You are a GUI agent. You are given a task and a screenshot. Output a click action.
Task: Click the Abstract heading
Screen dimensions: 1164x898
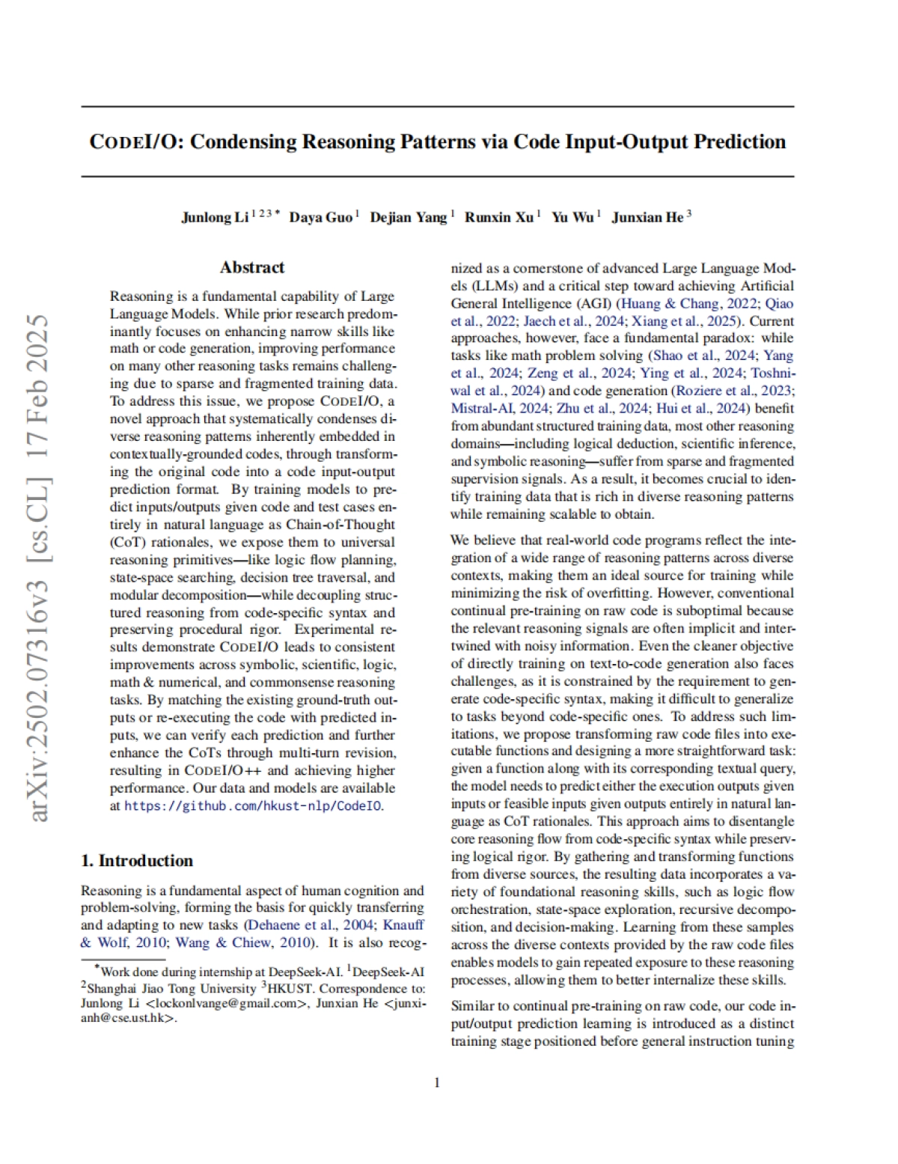pos(252,267)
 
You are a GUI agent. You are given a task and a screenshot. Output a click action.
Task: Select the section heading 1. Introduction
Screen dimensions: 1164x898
pos(137,860)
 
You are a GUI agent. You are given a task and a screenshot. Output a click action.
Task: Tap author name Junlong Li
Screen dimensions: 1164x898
pos(215,217)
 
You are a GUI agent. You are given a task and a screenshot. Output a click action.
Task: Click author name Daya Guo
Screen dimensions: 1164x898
pos(320,217)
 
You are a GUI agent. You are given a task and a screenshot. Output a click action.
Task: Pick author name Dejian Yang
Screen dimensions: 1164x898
pos(408,217)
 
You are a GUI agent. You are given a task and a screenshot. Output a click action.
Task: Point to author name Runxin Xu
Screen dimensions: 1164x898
pos(498,217)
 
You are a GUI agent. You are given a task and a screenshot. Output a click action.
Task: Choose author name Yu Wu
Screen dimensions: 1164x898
pos(572,217)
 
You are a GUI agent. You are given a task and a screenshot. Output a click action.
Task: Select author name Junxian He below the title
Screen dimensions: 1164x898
pos(647,217)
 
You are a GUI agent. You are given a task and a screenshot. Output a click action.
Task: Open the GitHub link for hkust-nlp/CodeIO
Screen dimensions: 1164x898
pos(253,806)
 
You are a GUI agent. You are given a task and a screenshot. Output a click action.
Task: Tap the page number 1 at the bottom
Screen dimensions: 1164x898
pos(437,1082)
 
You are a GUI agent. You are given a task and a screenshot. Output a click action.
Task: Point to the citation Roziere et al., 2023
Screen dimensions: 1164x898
pos(732,391)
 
